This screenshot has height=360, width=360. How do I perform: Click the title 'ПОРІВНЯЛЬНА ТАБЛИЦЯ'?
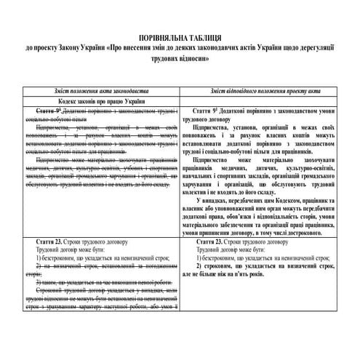tap(180, 37)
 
